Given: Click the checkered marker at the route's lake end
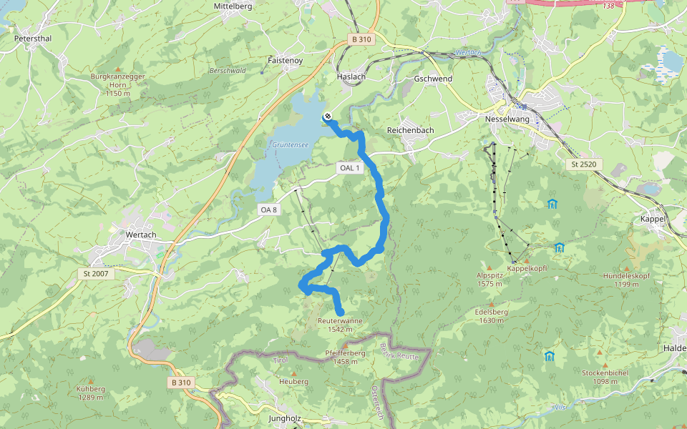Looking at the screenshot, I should (327, 117).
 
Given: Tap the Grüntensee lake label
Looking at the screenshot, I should (290, 144).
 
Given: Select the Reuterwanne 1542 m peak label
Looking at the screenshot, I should (340, 325).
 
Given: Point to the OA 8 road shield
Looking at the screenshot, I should (268, 209).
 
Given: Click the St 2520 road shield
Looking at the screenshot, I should (584, 164).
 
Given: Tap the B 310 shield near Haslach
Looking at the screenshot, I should (361, 40).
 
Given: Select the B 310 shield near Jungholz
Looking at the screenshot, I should (182, 383).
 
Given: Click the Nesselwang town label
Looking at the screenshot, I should (507, 119).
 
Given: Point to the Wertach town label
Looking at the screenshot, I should (141, 235).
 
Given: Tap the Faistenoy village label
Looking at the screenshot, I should (285, 61).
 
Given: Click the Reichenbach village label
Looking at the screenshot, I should (410, 131).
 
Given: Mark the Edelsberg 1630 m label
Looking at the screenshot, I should (491, 316).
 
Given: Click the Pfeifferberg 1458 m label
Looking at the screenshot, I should (345, 357).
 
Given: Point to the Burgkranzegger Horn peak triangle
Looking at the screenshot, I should (118, 69).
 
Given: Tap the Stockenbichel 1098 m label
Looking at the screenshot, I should (605, 377).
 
